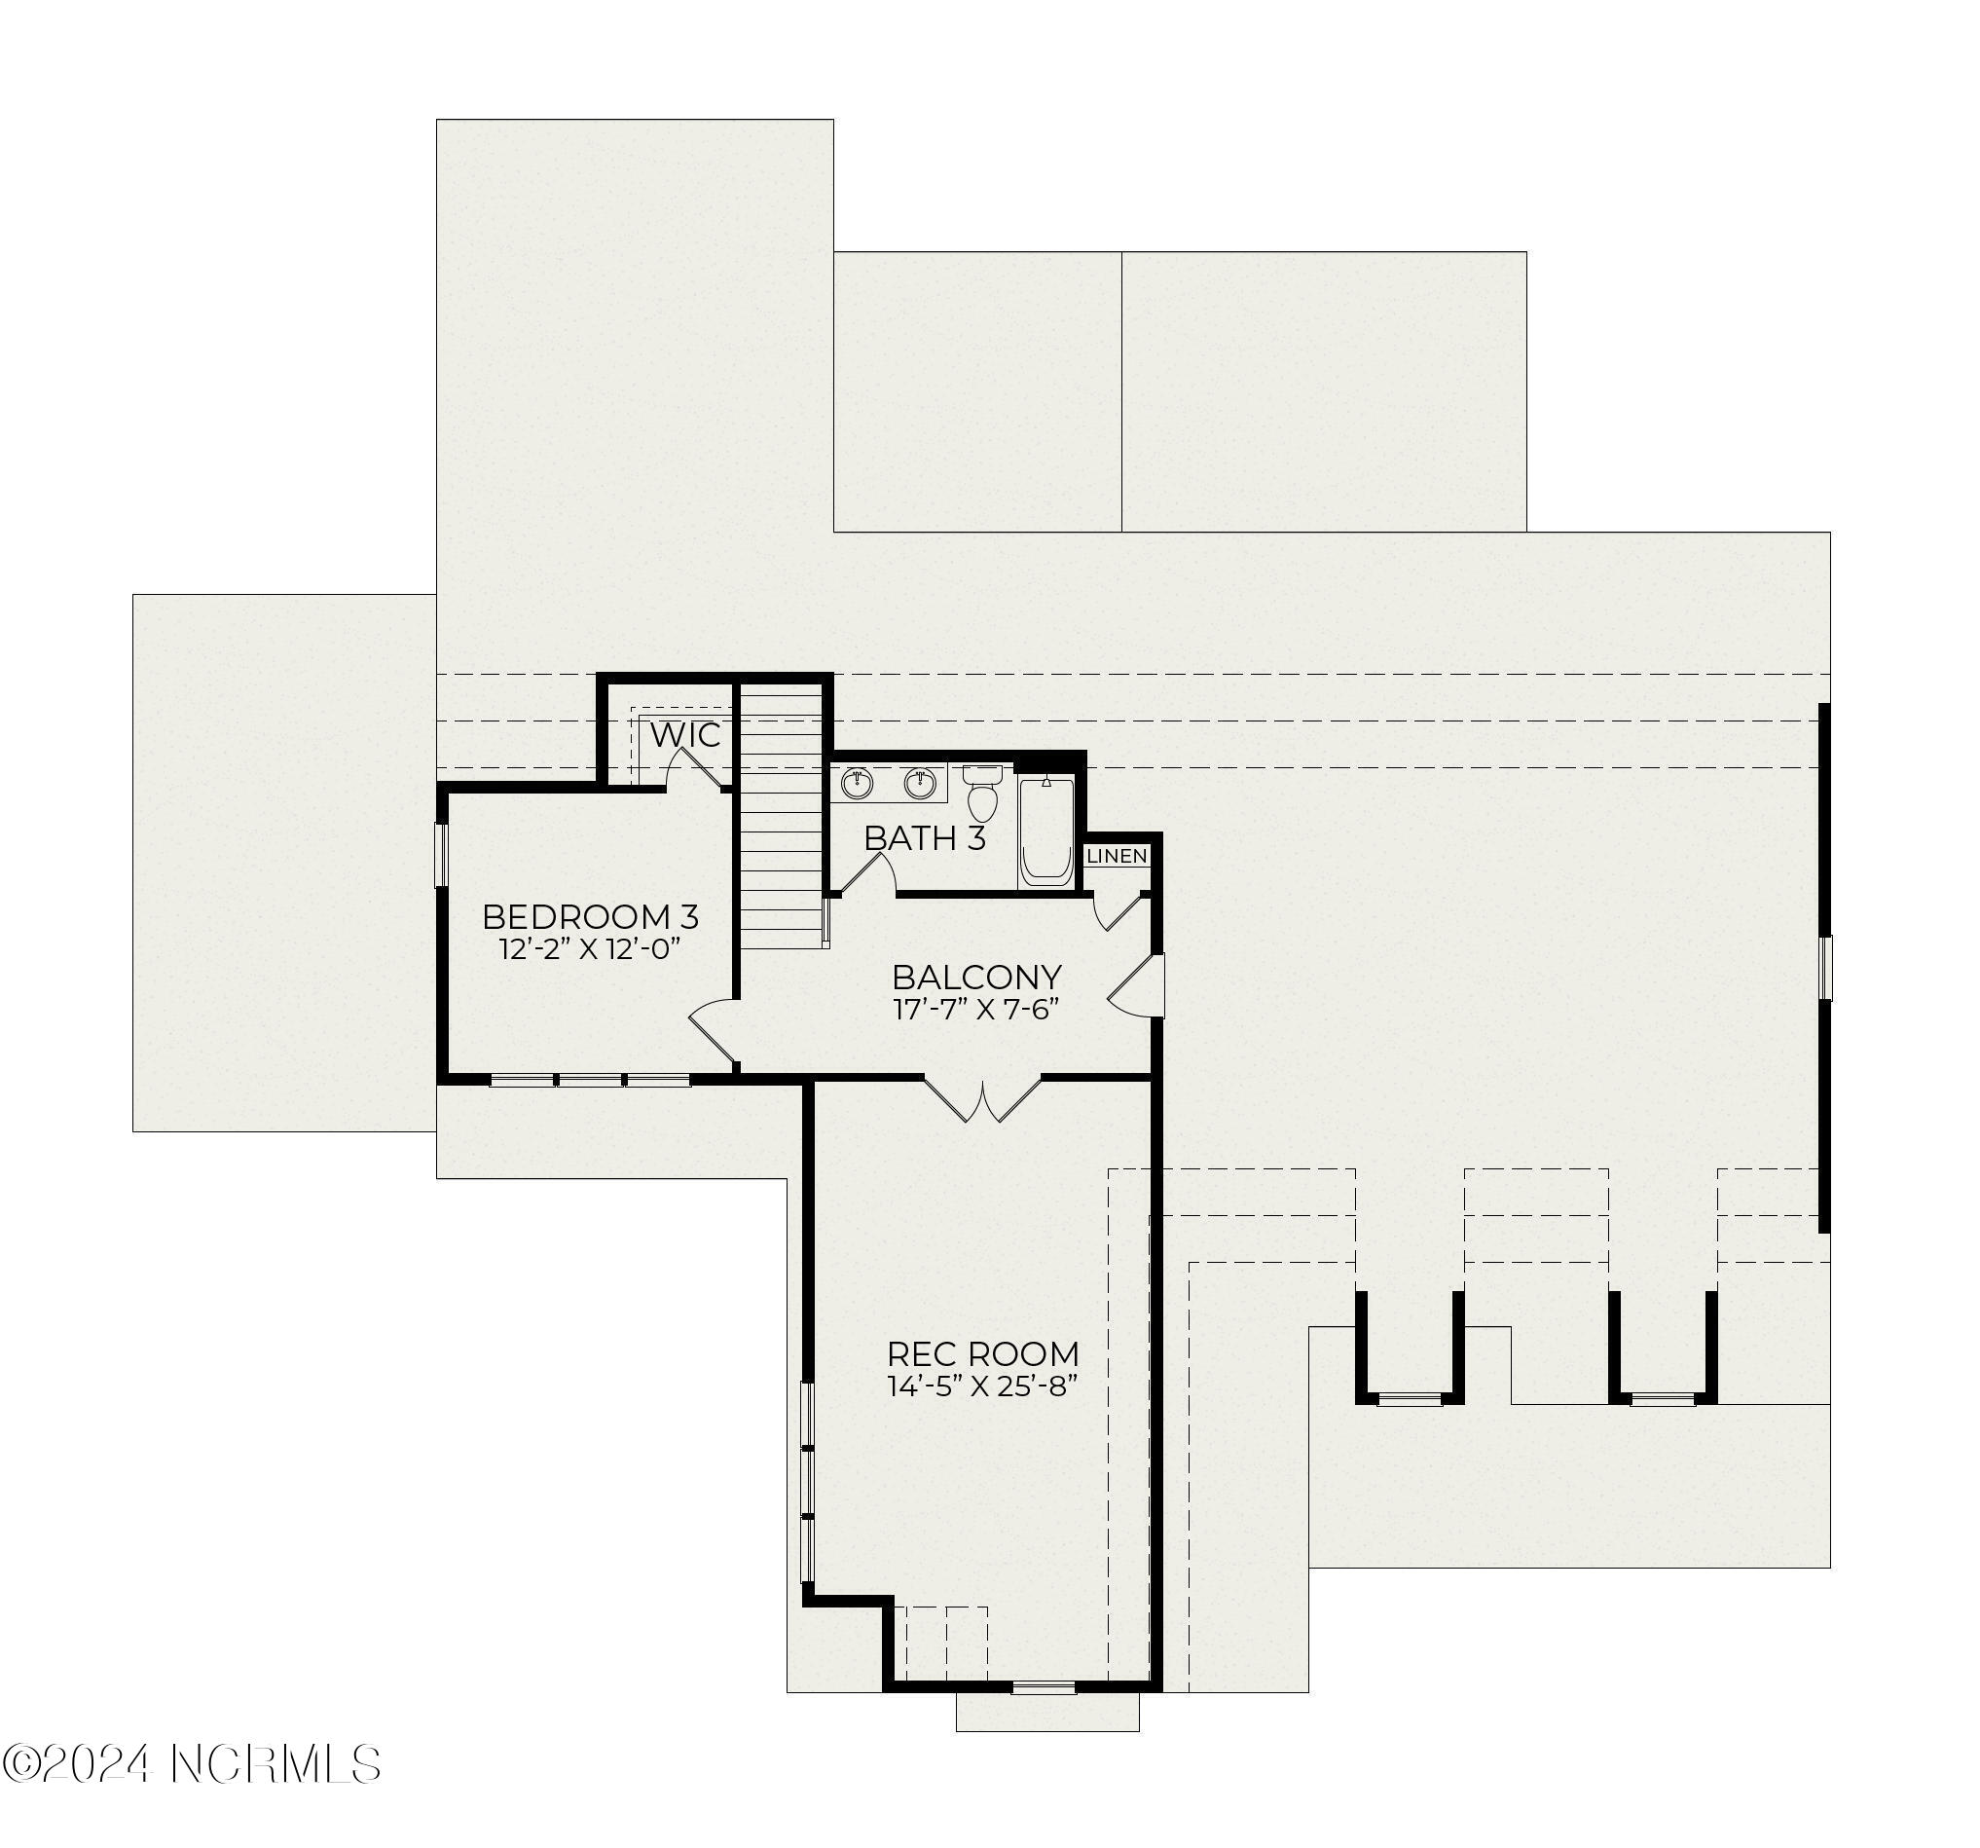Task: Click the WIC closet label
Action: (x=685, y=735)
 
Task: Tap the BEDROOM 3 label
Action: (x=591, y=916)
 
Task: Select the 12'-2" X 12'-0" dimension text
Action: (x=590, y=948)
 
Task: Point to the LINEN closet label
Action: (x=1117, y=856)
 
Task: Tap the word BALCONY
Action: (x=976, y=977)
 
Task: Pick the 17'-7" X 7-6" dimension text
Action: (x=975, y=1009)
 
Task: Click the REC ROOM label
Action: (x=983, y=1354)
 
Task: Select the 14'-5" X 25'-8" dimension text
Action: (x=983, y=1386)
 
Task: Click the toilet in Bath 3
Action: (x=982, y=792)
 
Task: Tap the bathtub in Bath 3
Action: (x=1045, y=832)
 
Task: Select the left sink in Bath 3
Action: (x=857, y=784)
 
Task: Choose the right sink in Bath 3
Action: (x=920, y=784)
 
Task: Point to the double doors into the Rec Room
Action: (x=984, y=1099)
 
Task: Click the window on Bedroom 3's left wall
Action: (x=440, y=854)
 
